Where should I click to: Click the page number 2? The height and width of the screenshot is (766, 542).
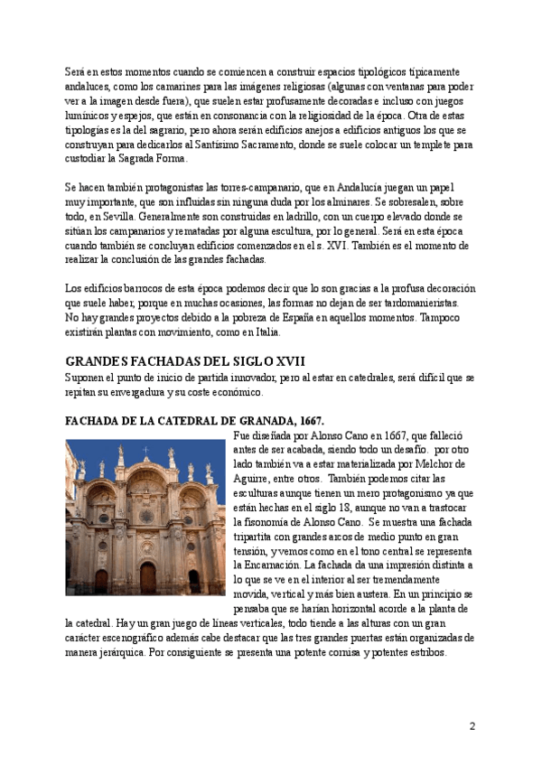tap(472, 725)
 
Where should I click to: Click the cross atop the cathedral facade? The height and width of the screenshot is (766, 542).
tap(145, 449)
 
